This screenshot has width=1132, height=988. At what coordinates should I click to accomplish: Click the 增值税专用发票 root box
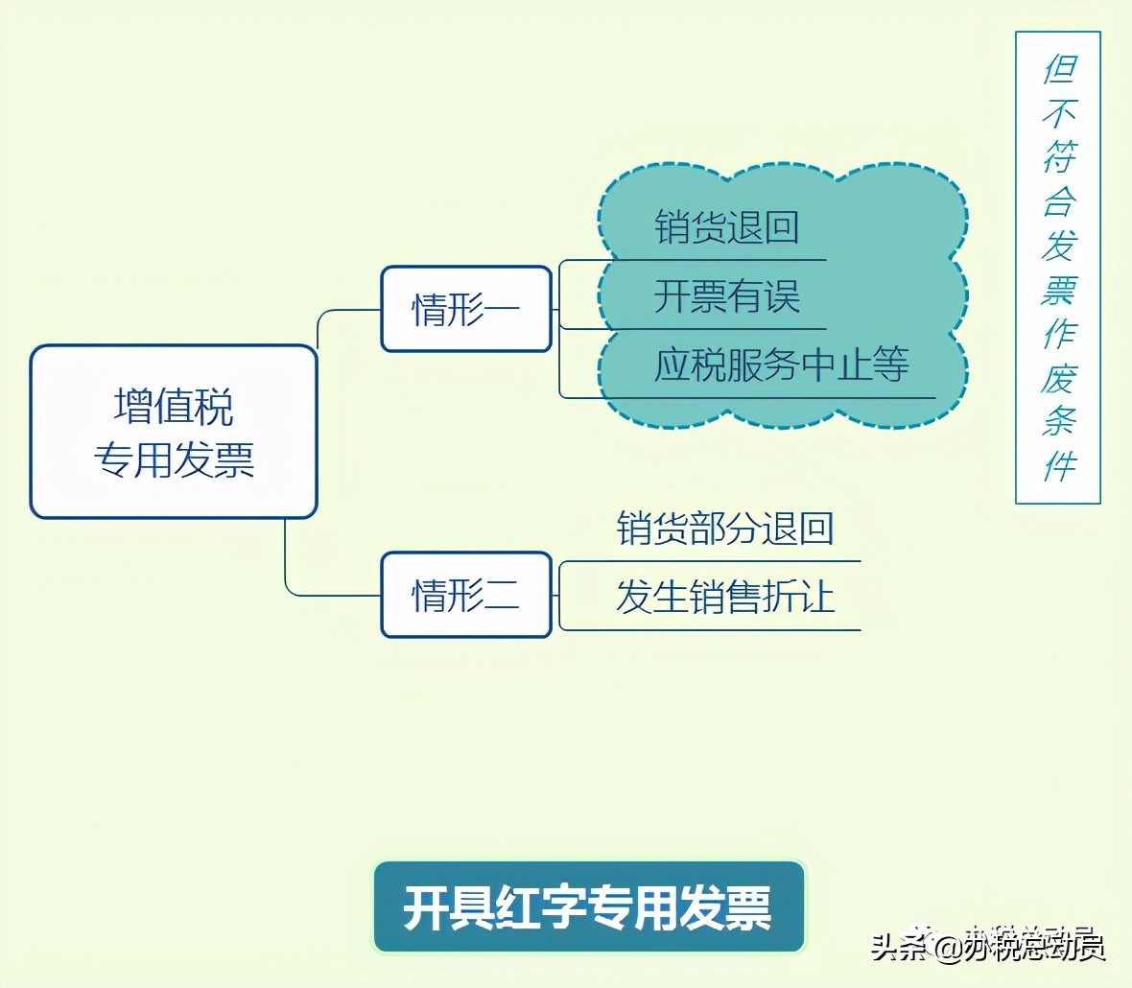coord(174,432)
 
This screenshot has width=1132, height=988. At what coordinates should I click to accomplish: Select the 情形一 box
coord(466,309)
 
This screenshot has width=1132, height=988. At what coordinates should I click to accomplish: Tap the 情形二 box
coord(466,595)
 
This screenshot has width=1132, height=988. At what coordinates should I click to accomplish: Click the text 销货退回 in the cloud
coord(726,228)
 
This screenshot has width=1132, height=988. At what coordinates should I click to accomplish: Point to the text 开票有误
coord(726,296)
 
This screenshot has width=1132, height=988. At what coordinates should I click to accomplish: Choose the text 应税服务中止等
coord(781,365)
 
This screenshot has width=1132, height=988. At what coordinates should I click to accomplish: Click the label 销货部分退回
coord(724,529)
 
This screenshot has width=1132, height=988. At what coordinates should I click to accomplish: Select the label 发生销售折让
coord(724,597)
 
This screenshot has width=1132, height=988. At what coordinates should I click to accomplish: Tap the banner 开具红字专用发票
coord(588,907)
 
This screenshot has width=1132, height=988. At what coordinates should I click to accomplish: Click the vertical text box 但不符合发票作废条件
coord(1058,268)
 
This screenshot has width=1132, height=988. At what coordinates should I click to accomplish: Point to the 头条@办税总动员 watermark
coord(988,946)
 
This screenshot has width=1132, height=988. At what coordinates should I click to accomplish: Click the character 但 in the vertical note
coord(1060,68)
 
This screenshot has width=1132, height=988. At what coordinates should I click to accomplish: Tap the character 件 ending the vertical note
coord(1059,466)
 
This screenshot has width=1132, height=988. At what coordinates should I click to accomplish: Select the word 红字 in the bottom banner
coord(518,907)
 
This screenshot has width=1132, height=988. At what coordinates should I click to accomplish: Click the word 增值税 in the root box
coord(174,407)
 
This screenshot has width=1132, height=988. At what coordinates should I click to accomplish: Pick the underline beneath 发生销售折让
coord(710,630)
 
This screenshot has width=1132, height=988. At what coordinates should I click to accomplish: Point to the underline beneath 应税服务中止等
coord(748,398)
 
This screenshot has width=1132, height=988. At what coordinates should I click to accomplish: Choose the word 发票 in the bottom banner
coord(725,907)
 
